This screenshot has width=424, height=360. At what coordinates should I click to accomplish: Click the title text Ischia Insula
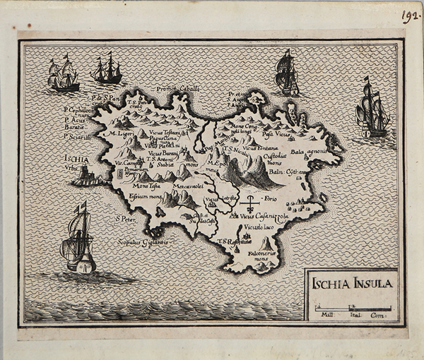pos(351,284)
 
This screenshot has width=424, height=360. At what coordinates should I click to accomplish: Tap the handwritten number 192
pos(411,16)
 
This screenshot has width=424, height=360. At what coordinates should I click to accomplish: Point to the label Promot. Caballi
pos(177,88)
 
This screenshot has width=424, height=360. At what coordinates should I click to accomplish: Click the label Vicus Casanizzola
pos(264,215)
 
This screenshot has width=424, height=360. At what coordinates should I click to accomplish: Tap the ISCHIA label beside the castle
pos(76,159)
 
